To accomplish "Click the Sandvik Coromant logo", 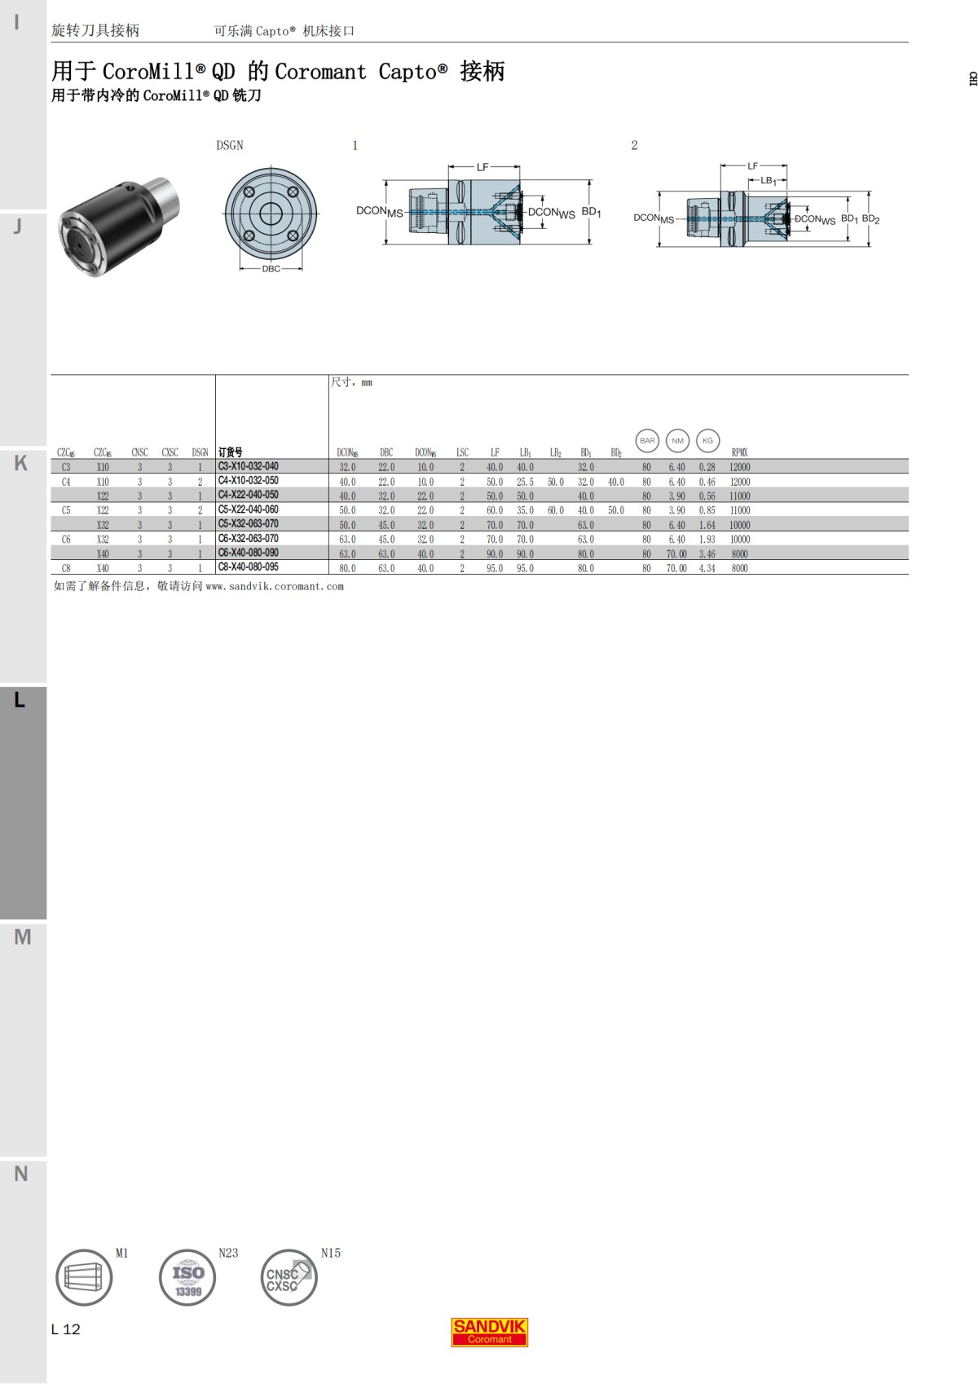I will click(x=489, y=1332).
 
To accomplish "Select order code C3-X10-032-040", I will click(x=248, y=466).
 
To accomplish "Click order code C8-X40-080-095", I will click(x=248, y=567).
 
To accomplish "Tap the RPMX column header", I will click(x=739, y=452).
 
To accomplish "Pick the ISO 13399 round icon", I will click(x=187, y=1277).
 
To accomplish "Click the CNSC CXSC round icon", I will click(x=289, y=1277).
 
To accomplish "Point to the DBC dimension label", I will click(x=271, y=269).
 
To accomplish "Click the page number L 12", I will click(x=66, y=1329).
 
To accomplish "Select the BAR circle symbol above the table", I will click(x=647, y=441).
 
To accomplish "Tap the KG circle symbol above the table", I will click(x=707, y=441).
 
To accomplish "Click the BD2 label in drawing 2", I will click(x=870, y=219).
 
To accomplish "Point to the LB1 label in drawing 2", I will click(x=768, y=181).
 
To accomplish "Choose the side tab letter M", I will click(x=23, y=937).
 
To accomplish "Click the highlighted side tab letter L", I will click(x=20, y=700).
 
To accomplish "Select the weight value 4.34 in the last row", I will click(x=707, y=568).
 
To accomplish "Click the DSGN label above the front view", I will click(x=230, y=145).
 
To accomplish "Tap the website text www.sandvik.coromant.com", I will click(x=275, y=586).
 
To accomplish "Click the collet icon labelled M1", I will click(x=84, y=1277).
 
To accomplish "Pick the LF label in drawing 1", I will click(x=482, y=167).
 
